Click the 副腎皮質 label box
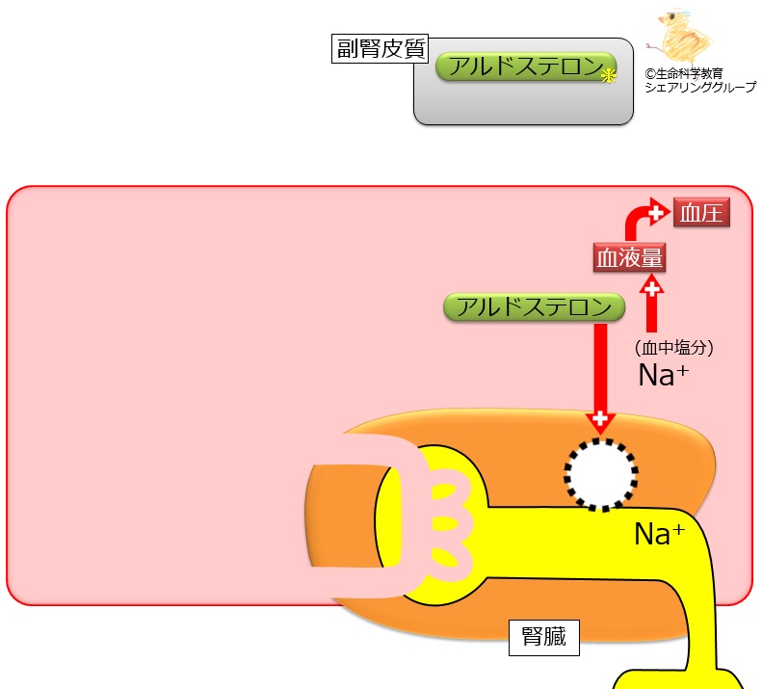(381, 49)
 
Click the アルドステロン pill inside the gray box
(525, 67)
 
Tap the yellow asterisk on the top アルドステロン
(608, 78)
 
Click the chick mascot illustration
(682, 37)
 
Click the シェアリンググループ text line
(700, 87)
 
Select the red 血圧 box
(700, 213)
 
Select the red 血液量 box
(629, 258)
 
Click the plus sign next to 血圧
(657, 212)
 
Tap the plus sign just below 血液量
(652, 287)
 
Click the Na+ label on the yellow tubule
(659, 534)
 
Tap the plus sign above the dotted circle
(600, 420)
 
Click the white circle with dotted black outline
(600, 473)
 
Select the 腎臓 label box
(544, 636)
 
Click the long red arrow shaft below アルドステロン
(600, 366)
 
